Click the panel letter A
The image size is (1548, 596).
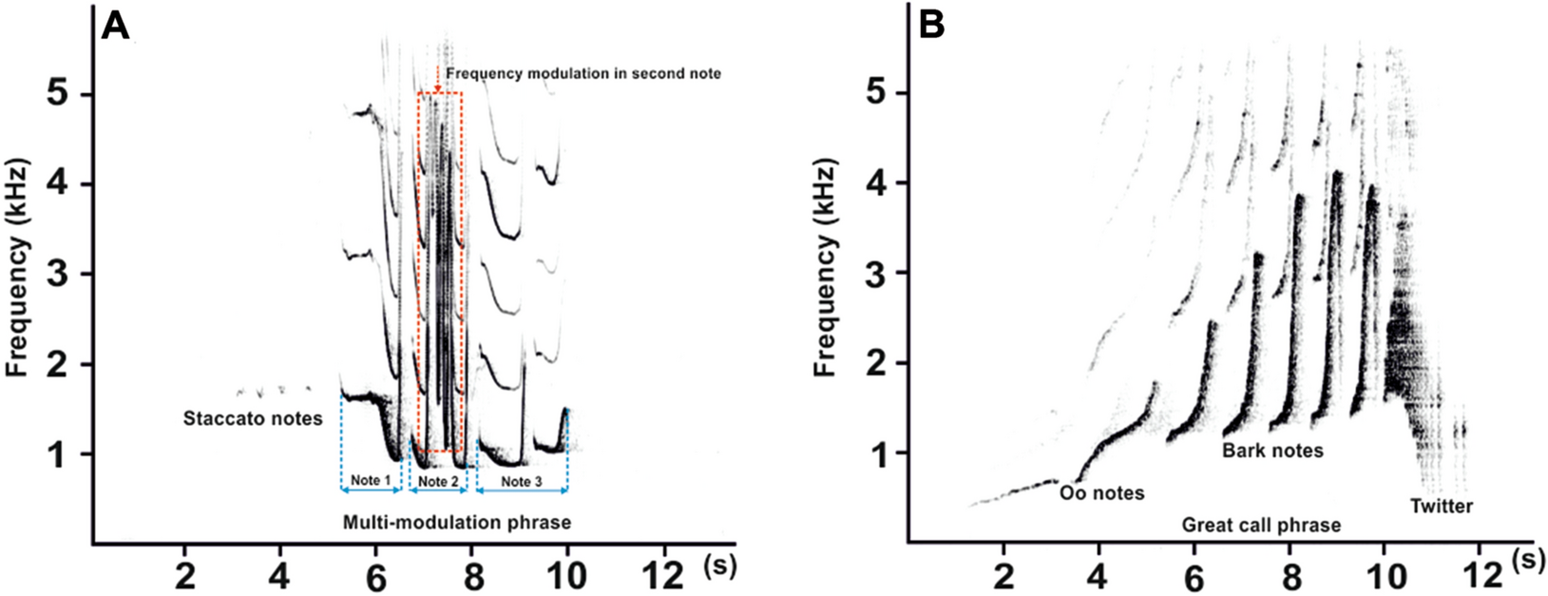(115, 26)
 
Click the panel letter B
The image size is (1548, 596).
(932, 26)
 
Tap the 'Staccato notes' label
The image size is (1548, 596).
(253, 418)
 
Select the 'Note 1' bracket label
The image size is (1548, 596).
(371, 481)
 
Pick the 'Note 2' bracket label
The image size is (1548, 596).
(438, 482)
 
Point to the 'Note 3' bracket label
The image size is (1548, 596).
(522, 482)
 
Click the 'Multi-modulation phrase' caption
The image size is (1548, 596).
(456, 523)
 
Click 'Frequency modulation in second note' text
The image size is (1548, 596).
(583, 73)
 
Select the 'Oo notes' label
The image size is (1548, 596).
(1101, 492)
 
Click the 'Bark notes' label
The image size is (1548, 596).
(1272, 451)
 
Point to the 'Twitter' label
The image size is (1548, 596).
(1441, 506)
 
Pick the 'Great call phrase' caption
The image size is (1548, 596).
(1261, 525)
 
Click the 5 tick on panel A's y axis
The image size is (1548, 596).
(62, 95)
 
